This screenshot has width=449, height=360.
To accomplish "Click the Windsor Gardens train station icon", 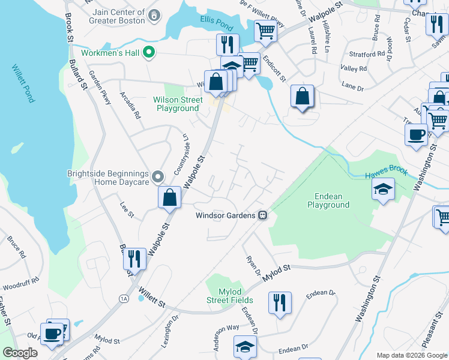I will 262,215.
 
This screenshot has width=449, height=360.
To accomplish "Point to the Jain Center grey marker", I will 155,14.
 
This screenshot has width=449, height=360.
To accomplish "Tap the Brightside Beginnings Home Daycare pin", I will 157,176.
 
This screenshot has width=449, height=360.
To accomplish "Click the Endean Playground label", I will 328,200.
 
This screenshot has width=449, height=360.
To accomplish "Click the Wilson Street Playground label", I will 177,104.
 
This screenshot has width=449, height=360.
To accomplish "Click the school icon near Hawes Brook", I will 383,190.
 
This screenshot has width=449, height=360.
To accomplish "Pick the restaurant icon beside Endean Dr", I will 280,302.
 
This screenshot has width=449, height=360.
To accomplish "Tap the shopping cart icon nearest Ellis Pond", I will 265,31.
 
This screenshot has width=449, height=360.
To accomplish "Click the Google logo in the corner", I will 20,353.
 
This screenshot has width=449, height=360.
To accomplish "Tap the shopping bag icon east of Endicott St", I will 303,96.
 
